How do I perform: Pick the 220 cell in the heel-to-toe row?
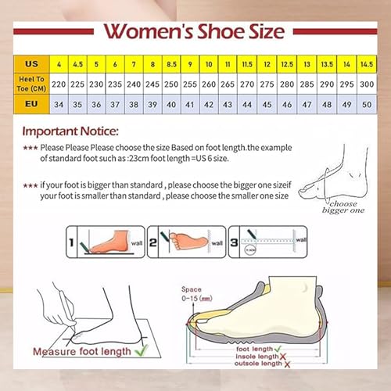pyautogui.click(x=59, y=84)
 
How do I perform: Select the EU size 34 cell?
pyautogui.click(x=59, y=103)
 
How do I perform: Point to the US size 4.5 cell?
pyautogui.click(x=78, y=63)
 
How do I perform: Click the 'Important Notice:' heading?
pyautogui.click(x=70, y=131)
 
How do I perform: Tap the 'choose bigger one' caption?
pyautogui.click(x=345, y=206)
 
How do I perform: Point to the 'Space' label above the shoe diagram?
pyautogui.click(x=192, y=289)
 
